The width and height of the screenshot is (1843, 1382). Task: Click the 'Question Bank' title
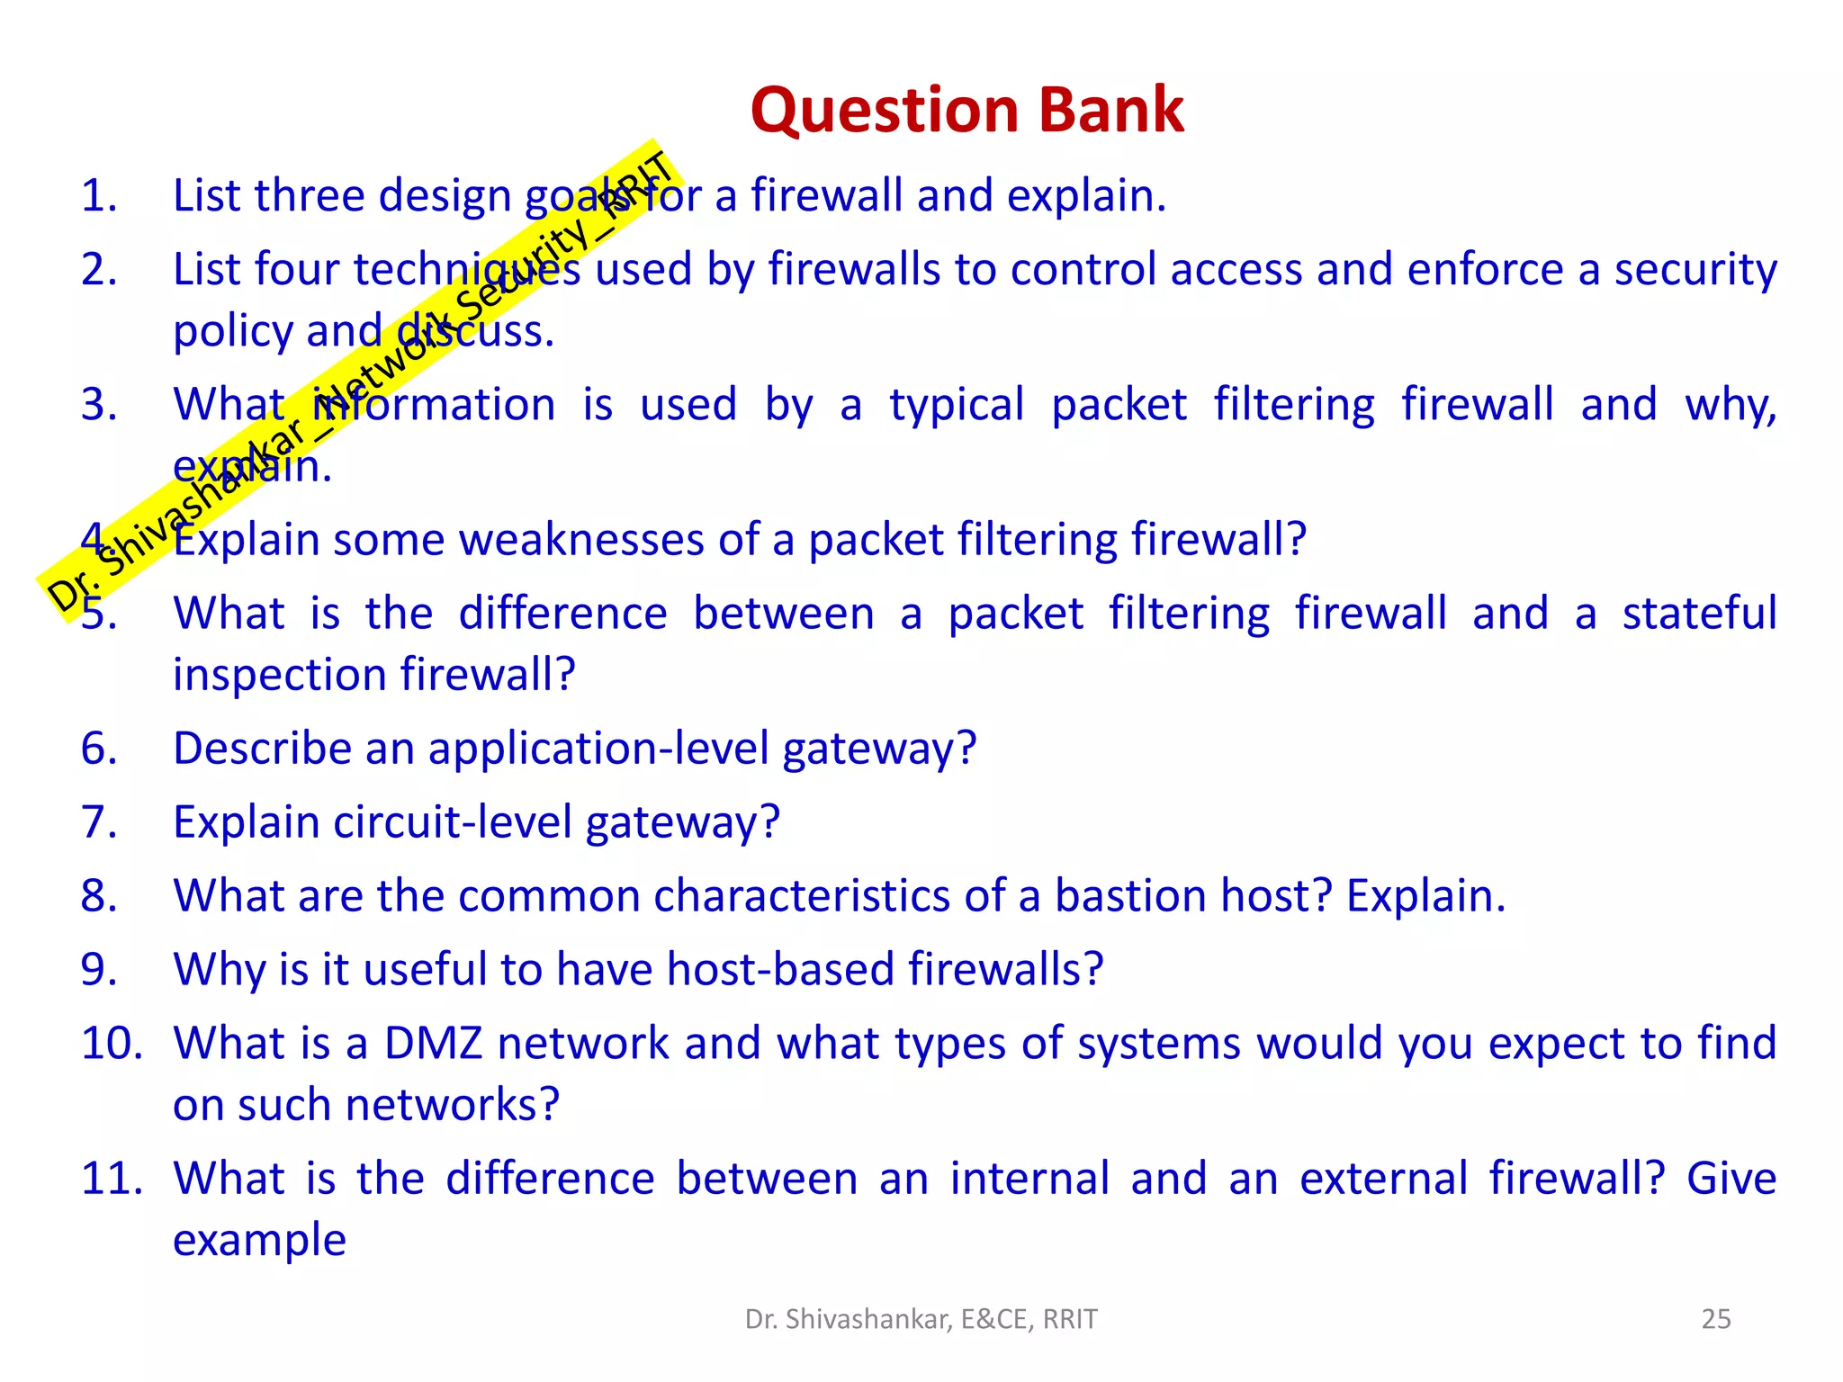966,110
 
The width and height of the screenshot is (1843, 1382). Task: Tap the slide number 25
1715,1319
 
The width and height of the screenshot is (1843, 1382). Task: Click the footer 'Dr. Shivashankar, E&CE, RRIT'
921,1319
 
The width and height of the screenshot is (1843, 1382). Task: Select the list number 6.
99,749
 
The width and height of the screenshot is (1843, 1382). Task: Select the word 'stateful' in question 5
1699,614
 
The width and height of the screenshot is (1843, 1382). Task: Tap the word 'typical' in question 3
957,405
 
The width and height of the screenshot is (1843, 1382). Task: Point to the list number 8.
99,896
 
